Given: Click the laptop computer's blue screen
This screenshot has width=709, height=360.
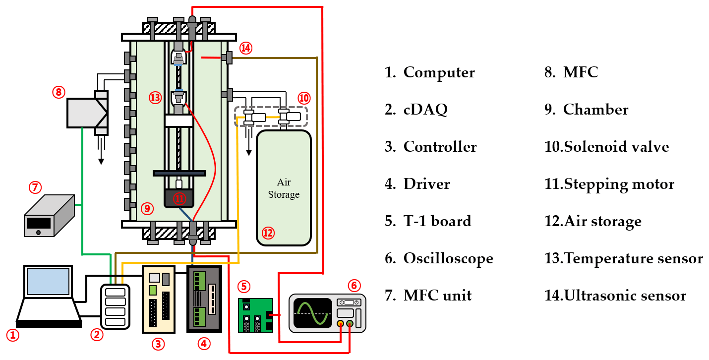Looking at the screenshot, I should pyautogui.click(x=48, y=282).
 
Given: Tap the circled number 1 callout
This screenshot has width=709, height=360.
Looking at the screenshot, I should pyautogui.click(x=13, y=336).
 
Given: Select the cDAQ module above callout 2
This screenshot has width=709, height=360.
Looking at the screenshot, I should pyautogui.click(x=115, y=306).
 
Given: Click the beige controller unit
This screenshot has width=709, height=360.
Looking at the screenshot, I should pyautogui.click(x=159, y=299).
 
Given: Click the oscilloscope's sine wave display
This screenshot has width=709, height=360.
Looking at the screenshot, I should pyautogui.click(x=312, y=313).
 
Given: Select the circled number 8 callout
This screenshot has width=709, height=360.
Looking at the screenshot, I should pyautogui.click(x=59, y=92).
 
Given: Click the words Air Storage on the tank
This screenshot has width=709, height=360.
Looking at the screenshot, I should pyautogui.click(x=284, y=188).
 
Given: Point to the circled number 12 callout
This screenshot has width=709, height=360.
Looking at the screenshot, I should pyautogui.click(x=268, y=233).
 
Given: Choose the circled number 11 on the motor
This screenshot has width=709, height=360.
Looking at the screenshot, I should pyautogui.click(x=179, y=199).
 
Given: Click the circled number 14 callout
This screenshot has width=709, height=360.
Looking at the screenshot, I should pyautogui.click(x=246, y=48).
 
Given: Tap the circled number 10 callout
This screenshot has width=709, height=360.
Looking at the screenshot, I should pyautogui.click(x=303, y=97).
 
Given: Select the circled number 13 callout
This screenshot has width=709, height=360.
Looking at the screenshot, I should pyautogui.click(x=155, y=98).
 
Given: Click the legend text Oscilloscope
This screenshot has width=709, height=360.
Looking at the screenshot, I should pyautogui.click(x=448, y=258).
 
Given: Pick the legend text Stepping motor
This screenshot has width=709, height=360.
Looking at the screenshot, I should pyautogui.click(x=619, y=184).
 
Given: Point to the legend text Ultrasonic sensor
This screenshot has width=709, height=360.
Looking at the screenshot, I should pyautogui.click(x=625, y=296).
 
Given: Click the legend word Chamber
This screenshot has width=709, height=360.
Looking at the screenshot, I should pyautogui.click(x=595, y=110).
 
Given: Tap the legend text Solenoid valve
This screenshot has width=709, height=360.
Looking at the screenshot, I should pyautogui.click(x=616, y=147).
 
